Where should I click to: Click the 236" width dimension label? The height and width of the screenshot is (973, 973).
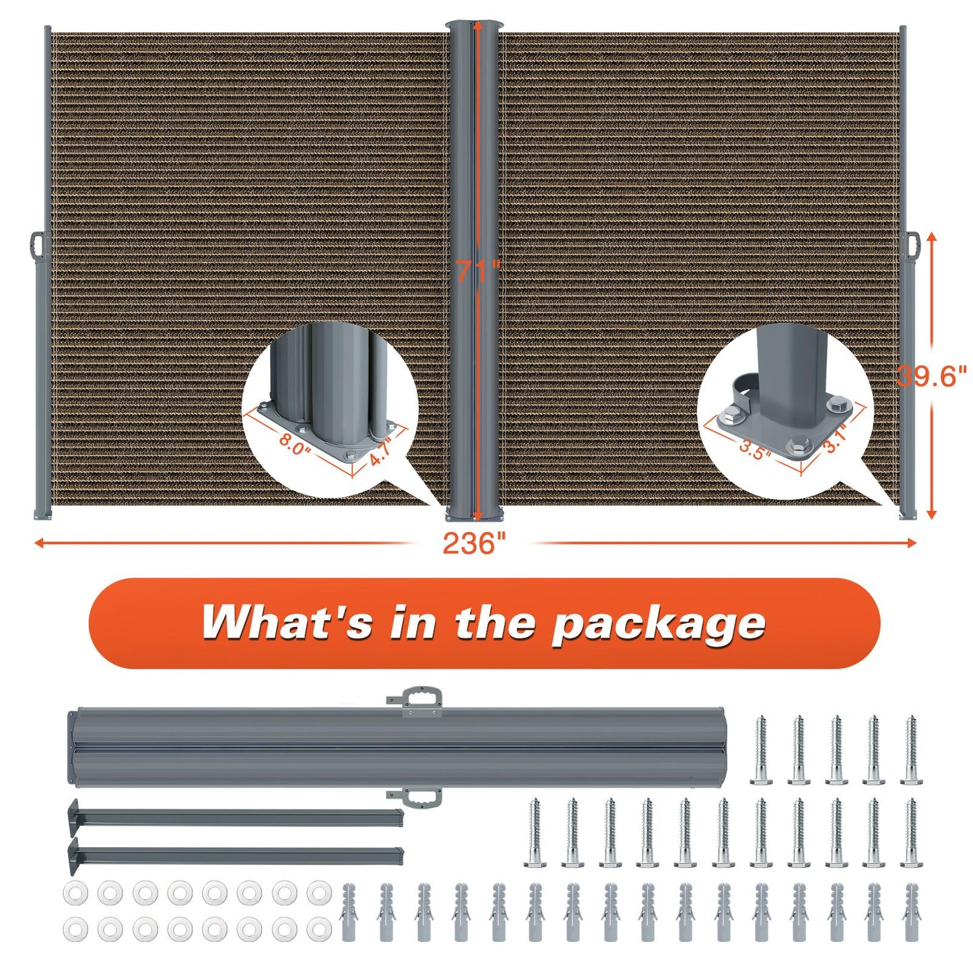click(x=474, y=543)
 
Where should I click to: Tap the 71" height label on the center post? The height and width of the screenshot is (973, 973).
click(x=477, y=271)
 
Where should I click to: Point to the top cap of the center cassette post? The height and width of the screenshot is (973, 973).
click(x=473, y=24)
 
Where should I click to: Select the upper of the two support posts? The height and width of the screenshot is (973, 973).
click(x=236, y=817)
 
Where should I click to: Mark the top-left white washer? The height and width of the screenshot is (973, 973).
click(x=75, y=893)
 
